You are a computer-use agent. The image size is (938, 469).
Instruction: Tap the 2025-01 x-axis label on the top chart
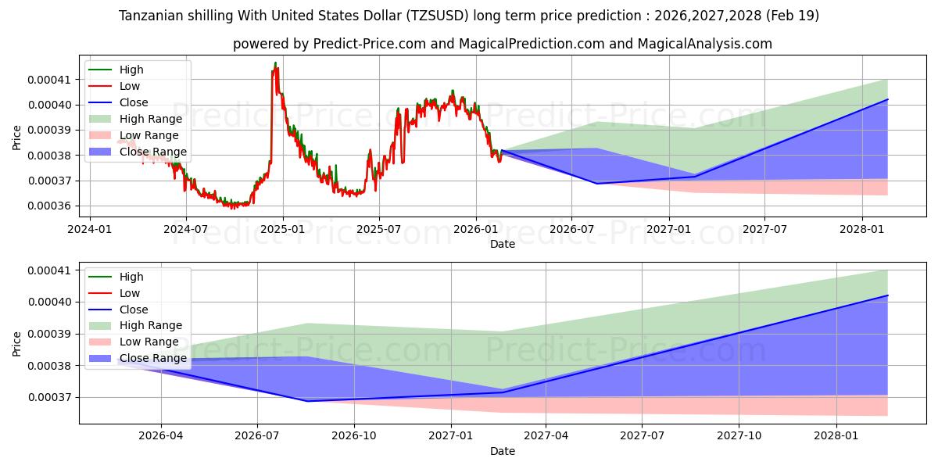[x=283, y=230]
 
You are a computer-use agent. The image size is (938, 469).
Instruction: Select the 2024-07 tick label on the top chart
[x=185, y=230]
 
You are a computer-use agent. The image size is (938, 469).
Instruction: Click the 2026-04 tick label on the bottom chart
[x=161, y=436]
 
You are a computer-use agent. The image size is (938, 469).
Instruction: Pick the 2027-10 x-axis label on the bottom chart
[x=739, y=436]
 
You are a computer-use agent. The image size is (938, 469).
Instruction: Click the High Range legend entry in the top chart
[x=136, y=119]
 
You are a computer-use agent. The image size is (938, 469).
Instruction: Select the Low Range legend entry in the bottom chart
[x=134, y=342]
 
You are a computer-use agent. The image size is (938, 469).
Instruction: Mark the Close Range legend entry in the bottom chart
[x=138, y=358]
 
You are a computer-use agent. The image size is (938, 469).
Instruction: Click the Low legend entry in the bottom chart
[x=114, y=293]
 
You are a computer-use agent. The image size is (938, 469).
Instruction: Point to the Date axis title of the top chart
[x=503, y=244]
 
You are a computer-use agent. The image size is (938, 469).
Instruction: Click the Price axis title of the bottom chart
[x=16, y=344]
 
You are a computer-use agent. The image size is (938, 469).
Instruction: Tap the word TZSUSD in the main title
[x=438, y=16]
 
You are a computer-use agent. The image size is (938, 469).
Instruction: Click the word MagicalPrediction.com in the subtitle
[x=532, y=44]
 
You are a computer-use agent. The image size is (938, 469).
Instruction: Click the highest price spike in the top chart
[x=275, y=63]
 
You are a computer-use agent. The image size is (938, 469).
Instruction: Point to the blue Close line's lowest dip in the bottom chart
[x=308, y=401]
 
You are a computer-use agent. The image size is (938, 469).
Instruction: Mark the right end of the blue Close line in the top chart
[x=888, y=99]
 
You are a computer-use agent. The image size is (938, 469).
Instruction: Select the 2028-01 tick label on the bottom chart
[x=836, y=436]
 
